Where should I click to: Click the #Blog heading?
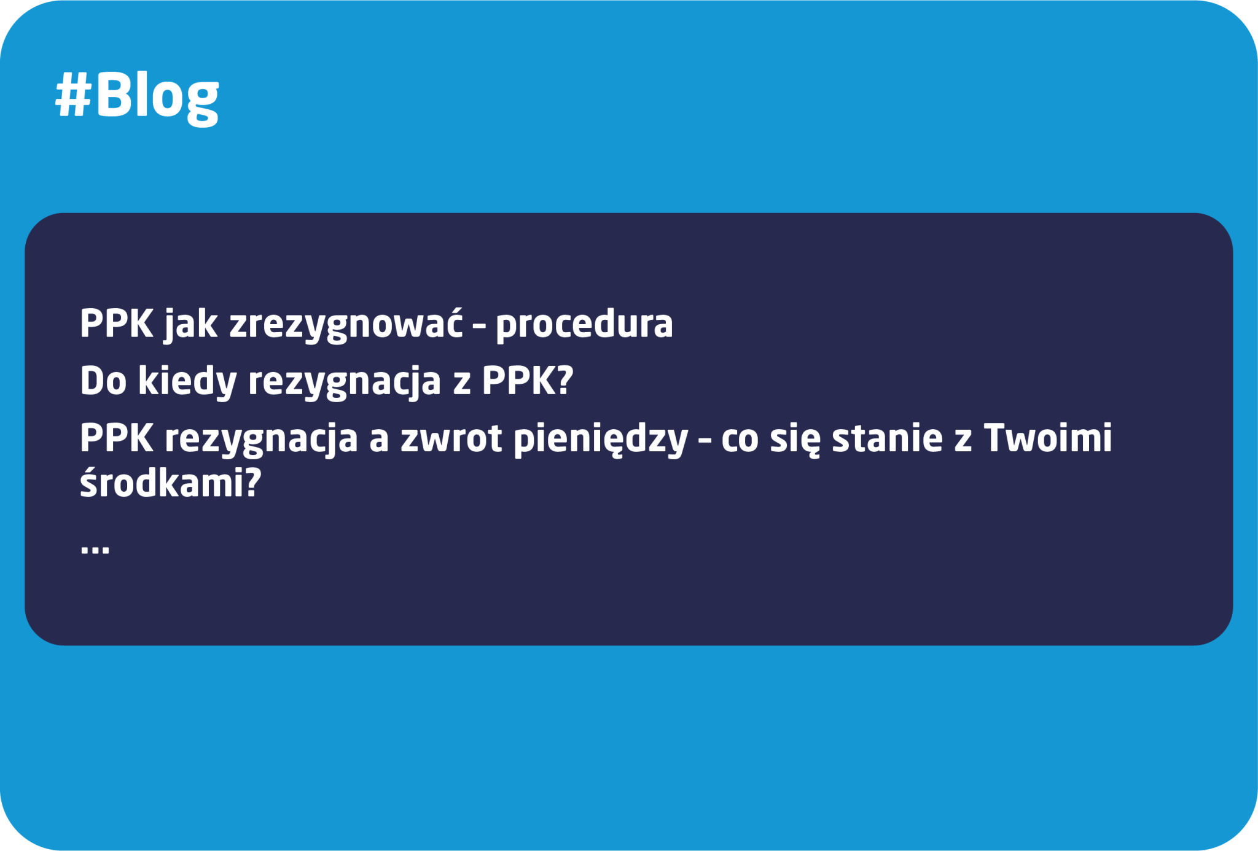(137, 96)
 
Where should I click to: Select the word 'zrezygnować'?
(346, 324)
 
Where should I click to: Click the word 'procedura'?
(584, 324)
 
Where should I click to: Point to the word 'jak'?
(190, 324)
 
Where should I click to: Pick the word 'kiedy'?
(187, 381)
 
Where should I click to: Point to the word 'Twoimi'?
(1048, 438)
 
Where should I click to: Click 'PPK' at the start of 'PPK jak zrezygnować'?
(117, 324)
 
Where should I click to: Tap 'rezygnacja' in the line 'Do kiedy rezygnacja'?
(345, 382)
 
